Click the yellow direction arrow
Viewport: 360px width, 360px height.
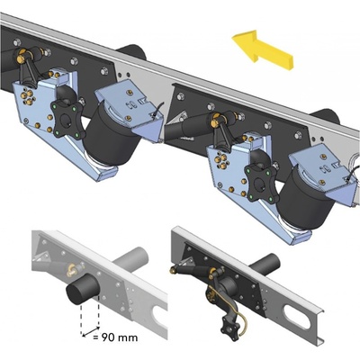coord(262,50)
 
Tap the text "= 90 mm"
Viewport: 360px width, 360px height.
coord(115,337)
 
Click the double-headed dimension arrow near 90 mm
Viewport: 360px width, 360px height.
coord(91,332)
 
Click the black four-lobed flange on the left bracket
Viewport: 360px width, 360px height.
coord(67,119)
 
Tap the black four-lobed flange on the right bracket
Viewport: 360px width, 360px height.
coord(261,183)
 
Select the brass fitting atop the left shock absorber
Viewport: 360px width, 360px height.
coord(22,56)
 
